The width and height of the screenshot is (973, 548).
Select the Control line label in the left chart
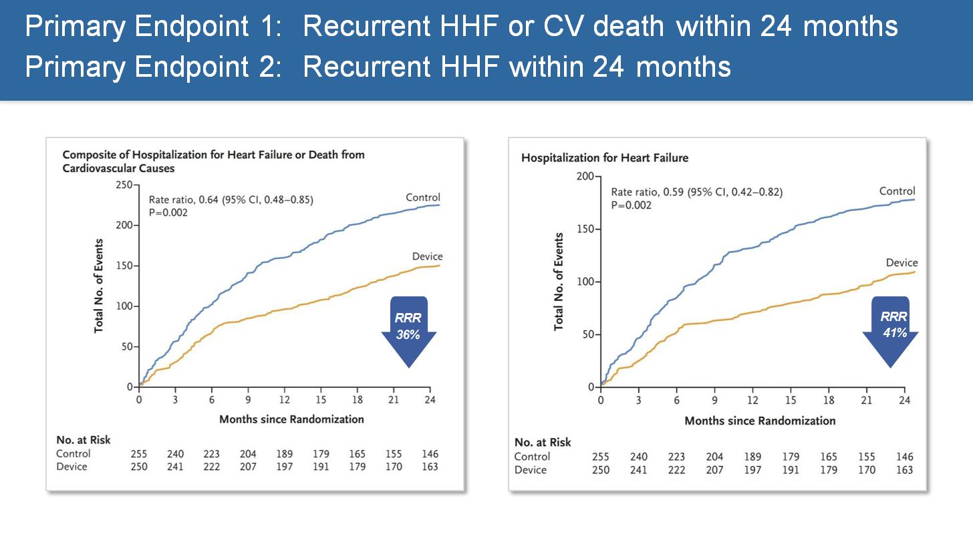click(422, 198)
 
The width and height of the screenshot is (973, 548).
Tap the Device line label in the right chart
click(901, 263)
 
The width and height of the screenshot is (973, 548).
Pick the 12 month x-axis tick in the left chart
click(284, 400)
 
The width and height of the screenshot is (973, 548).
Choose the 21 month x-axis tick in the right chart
click(867, 400)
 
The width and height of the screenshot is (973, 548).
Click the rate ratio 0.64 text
click(231, 200)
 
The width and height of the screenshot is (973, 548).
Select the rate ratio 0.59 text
click(696, 192)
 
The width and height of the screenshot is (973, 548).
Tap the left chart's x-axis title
click(291, 419)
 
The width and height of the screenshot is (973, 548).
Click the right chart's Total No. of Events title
click(559, 282)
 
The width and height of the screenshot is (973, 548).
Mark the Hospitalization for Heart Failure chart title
click(604, 158)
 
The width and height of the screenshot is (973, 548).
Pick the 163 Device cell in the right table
click(904, 470)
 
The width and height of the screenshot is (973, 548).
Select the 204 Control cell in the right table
click(714, 457)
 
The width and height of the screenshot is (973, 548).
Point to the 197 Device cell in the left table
click(285, 467)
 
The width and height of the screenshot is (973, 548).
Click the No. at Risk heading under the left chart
click(84, 440)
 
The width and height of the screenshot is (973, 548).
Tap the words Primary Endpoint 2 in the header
click(152, 67)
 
